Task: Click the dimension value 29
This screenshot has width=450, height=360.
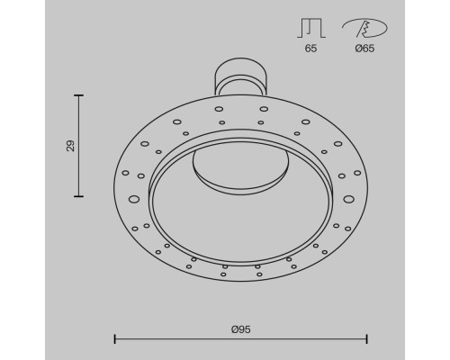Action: pos(70,145)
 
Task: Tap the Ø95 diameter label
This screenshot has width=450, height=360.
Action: pos(240,328)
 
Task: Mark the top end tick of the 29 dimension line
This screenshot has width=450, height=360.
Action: pos(79,95)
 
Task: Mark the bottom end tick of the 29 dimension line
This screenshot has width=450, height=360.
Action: pos(79,195)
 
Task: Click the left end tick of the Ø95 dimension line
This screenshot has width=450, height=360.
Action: pos(115,339)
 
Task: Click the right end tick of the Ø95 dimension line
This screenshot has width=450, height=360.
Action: pos(367,339)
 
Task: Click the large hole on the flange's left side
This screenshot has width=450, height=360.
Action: pos(134,199)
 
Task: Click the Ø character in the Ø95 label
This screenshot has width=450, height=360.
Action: pos(233,328)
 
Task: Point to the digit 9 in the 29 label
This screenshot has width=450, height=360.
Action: pos(70,141)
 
